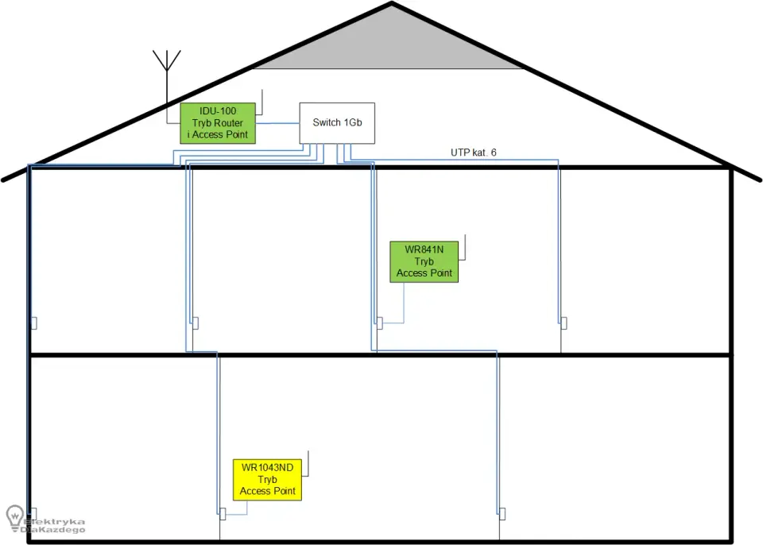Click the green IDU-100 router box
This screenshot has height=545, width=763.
tap(218, 123)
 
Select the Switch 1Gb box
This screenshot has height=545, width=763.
tap(337, 123)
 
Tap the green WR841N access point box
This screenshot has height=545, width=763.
tap(424, 262)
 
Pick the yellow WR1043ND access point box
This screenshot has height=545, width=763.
tap(267, 480)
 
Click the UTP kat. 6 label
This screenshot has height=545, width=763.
tap(474, 153)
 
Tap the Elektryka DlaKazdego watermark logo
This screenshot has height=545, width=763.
tap(45, 520)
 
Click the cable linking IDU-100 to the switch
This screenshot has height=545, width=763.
tap(277, 123)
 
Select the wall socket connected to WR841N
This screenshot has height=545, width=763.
tap(380, 323)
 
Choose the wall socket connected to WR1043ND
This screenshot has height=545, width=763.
tap(223, 514)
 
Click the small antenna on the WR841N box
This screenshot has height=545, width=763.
tap(463, 248)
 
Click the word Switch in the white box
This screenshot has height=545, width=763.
tap(327, 122)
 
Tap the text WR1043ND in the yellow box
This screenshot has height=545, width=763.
tap(267, 468)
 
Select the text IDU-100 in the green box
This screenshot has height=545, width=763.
tap(218, 111)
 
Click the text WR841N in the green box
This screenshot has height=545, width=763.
tap(424, 249)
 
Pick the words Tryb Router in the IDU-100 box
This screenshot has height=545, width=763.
tap(218, 123)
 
